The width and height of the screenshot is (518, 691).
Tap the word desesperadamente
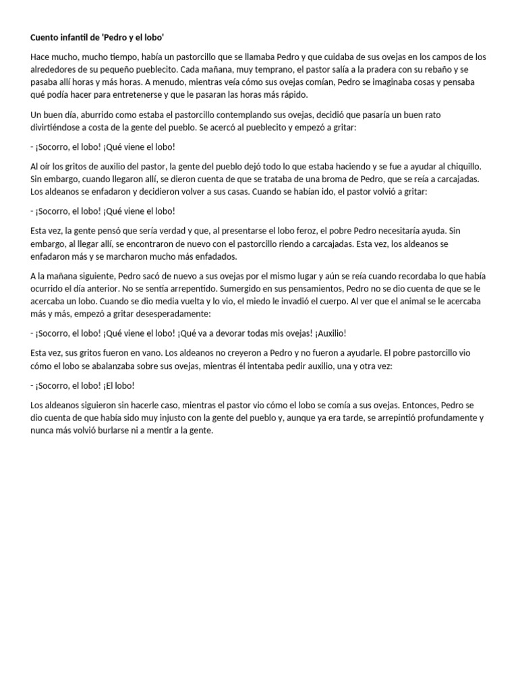pos(175,314)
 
